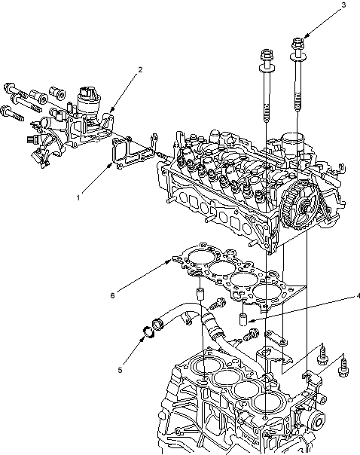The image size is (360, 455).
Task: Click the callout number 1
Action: click(78, 198)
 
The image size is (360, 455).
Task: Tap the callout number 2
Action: click(140, 69)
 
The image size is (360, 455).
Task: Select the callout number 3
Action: click(343, 5)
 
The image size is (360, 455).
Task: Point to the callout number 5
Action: click(120, 371)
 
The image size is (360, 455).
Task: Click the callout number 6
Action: click(112, 295)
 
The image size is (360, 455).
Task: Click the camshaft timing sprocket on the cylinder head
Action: click(300, 206)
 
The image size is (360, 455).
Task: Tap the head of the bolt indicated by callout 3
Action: click(297, 44)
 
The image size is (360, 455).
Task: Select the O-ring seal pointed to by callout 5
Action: click(149, 332)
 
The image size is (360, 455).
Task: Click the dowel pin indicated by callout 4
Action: click(243, 319)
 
